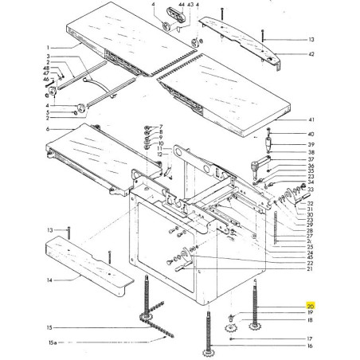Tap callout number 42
tap(311, 55)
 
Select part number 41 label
tap(311, 119)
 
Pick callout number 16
tap(311, 346)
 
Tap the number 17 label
tap(311, 338)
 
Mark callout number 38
tap(311, 152)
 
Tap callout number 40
tap(311, 134)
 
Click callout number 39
tap(311, 144)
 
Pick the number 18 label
tap(311, 321)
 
